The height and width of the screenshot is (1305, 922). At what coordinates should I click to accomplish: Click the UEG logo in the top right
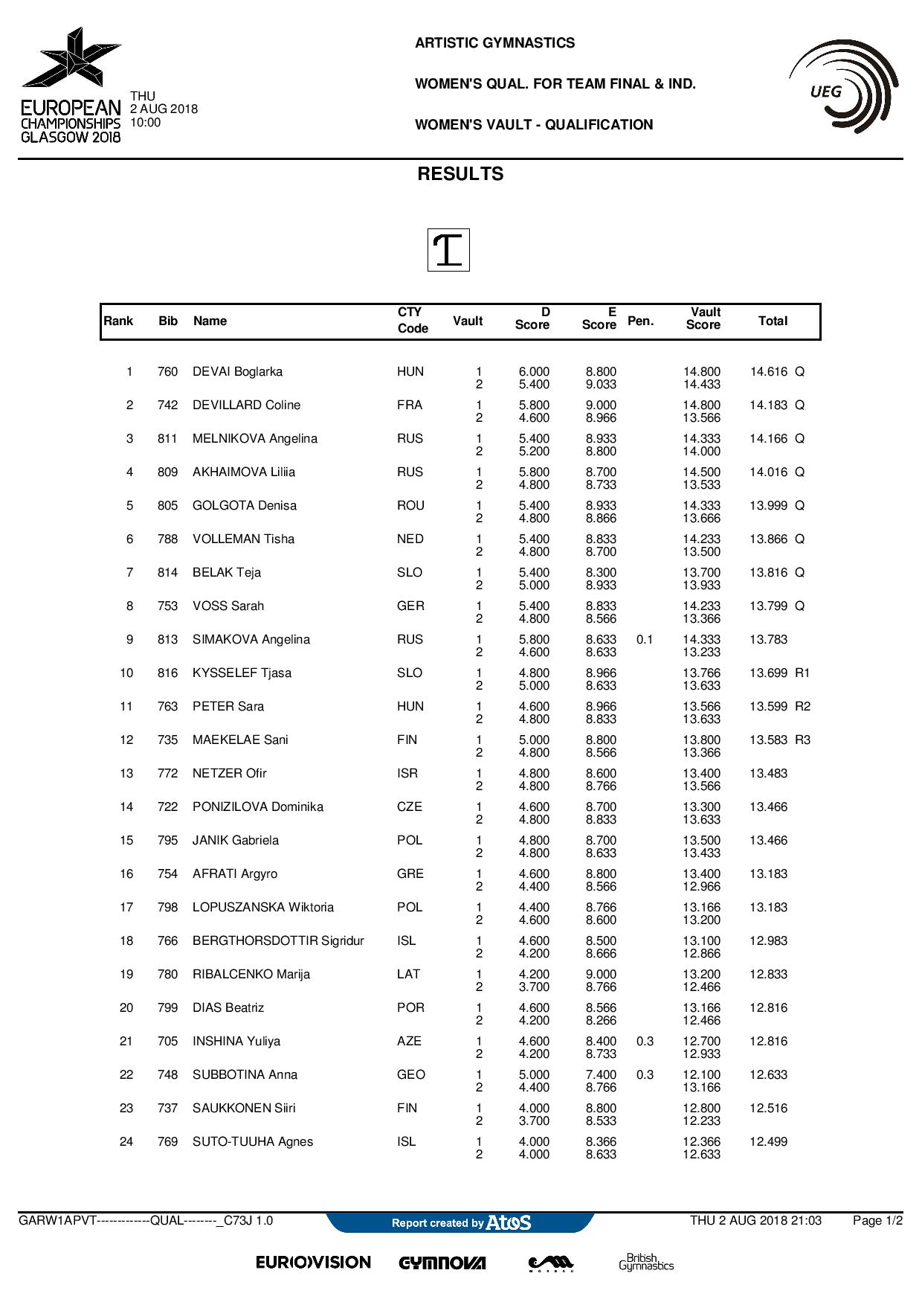pos(843,87)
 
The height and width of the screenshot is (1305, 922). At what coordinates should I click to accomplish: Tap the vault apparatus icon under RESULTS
pos(448,250)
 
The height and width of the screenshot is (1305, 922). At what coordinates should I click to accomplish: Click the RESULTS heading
pos(460,174)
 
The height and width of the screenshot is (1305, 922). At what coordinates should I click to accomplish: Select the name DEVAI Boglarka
pos(237,372)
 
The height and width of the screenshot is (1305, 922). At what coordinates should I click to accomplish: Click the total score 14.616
pos(768,372)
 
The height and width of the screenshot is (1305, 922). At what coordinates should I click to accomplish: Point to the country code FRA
pos(410,405)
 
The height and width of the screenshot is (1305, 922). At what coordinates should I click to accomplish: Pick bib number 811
pos(167,439)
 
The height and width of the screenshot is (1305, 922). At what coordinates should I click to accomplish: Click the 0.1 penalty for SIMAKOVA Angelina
pos(645,640)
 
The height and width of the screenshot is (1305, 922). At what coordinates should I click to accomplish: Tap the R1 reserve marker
pos(802,673)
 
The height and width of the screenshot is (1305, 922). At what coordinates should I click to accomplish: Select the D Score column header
pos(532,318)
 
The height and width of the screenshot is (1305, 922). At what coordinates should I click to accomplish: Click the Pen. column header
pos(640,321)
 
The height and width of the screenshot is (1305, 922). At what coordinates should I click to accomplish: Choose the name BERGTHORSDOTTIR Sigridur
pos(278,941)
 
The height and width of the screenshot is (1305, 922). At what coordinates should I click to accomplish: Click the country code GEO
pos(411,1075)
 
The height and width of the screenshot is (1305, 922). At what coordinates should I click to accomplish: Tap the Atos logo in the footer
pos(509,1222)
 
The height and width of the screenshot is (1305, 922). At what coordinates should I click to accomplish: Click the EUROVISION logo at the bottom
pos(313,1263)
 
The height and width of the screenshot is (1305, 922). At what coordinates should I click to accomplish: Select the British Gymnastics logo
pos(646,1262)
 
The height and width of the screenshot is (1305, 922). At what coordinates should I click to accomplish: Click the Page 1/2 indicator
pos(877,1221)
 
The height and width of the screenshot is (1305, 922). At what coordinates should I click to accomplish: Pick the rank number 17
pos(126,908)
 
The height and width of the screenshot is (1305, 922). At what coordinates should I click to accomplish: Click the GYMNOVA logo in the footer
pos(442,1263)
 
